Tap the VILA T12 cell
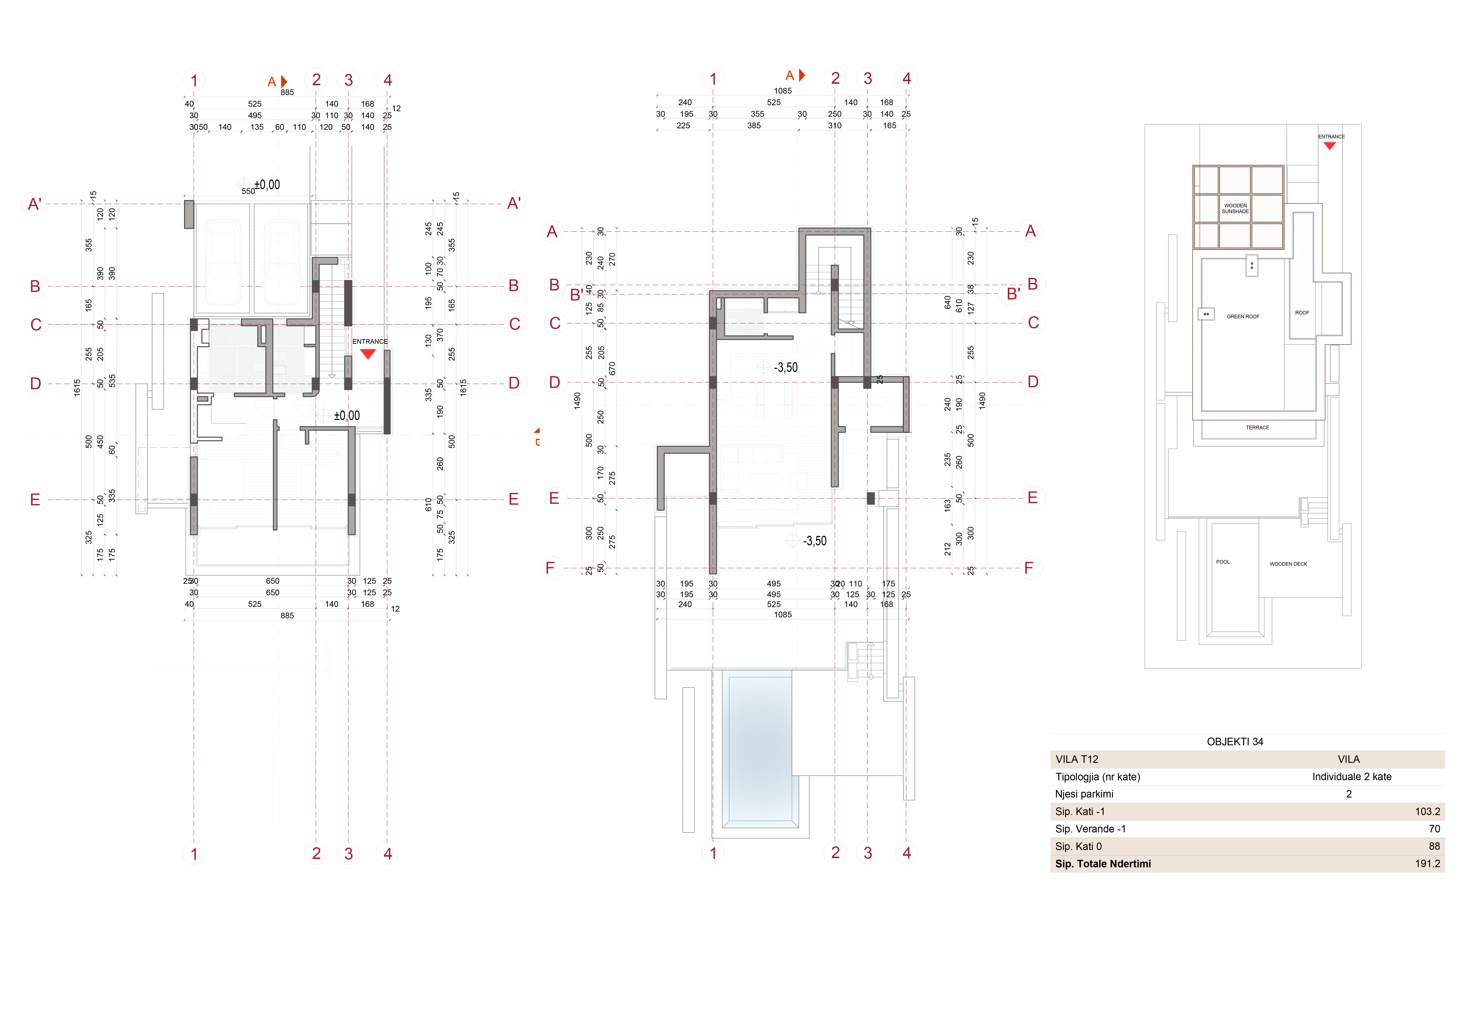click(1077, 759)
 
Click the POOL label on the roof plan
click(1223, 562)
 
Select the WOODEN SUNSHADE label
click(1235, 208)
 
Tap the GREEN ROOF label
click(1243, 316)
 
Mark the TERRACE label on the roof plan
click(1258, 427)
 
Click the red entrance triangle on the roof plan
click(1330, 146)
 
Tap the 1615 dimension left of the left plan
click(77, 388)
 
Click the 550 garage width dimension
click(248, 191)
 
